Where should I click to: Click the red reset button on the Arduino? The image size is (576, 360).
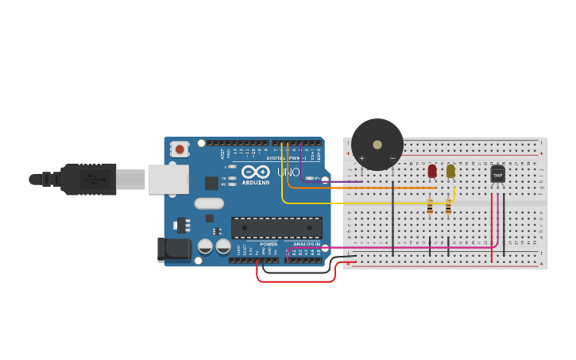180,149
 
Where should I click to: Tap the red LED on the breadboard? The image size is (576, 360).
432,171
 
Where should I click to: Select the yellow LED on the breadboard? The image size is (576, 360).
450,171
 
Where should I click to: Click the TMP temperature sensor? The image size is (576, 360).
497,173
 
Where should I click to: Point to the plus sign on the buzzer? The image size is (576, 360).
361,158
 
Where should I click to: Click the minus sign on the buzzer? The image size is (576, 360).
392,158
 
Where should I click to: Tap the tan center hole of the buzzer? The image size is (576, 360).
377,145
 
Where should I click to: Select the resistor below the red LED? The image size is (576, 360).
430,207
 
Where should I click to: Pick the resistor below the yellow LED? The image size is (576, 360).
448,207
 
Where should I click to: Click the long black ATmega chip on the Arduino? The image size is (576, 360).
276,227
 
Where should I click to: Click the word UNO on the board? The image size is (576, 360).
288,172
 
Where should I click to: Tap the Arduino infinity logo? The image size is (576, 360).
256,172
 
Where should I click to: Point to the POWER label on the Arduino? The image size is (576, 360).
269,244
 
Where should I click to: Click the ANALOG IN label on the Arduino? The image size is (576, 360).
306,244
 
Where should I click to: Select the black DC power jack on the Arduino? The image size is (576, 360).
173,250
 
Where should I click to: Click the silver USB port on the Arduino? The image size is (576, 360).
167,180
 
